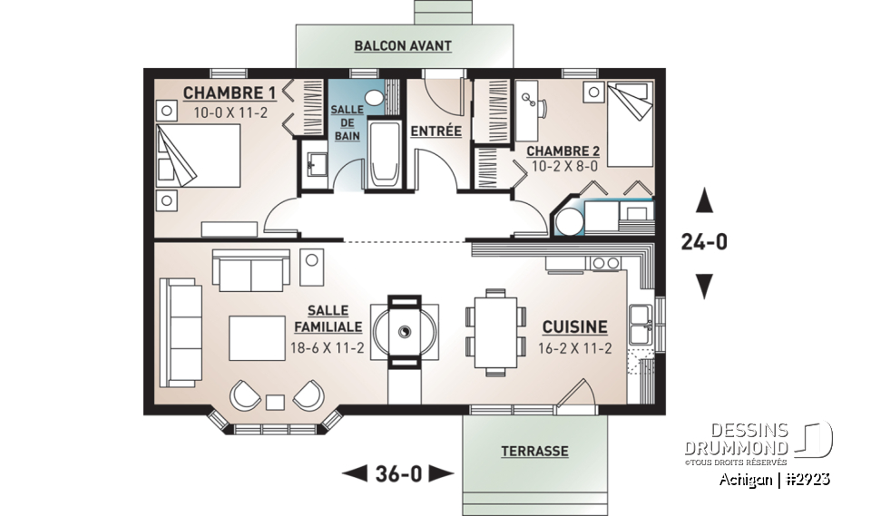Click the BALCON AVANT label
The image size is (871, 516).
pyautogui.click(x=403, y=45)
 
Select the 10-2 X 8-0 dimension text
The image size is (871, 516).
pyautogui.click(x=563, y=167)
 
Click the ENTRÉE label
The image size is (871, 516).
pyautogui.click(x=435, y=131)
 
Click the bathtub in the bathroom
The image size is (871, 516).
pyautogui.click(x=386, y=155)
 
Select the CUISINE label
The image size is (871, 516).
pyautogui.click(x=574, y=327)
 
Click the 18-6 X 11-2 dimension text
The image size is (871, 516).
pyautogui.click(x=327, y=347)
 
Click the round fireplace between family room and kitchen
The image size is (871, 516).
pyautogui.click(x=405, y=331)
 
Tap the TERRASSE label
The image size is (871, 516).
pyautogui.click(x=534, y=451)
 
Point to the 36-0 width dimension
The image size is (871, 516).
pyautogui.click(x=397, y=472)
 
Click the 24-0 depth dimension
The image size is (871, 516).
pyautogui.click(x=703, y=242)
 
